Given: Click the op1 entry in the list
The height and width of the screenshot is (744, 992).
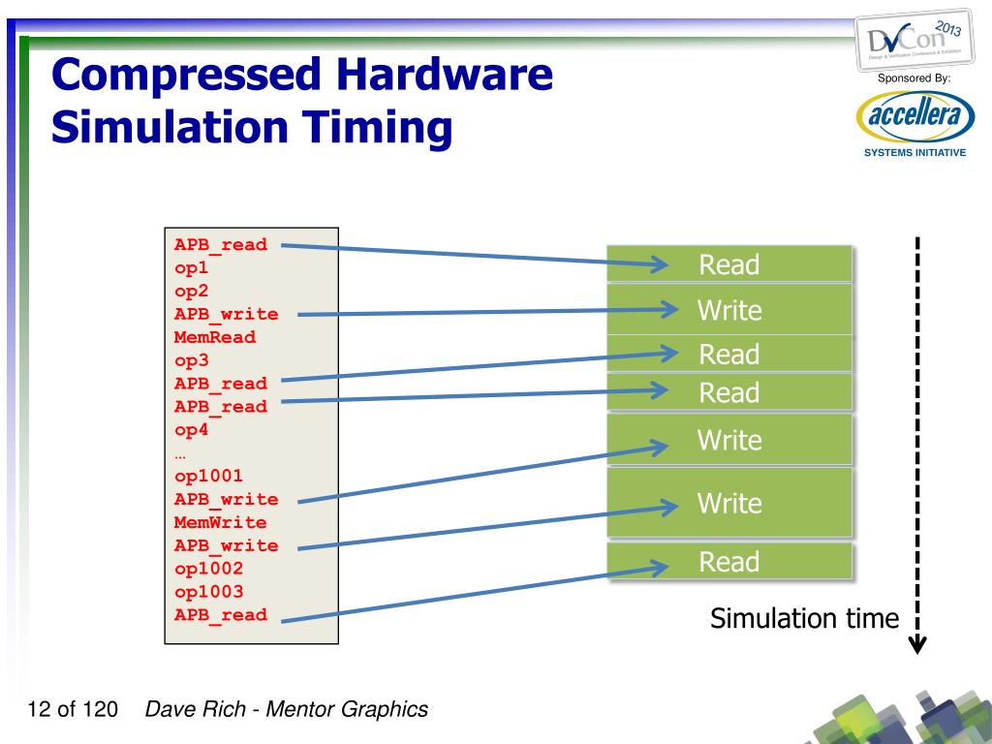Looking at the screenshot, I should (191, 268).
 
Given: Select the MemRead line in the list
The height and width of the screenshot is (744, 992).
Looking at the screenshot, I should (215, 337).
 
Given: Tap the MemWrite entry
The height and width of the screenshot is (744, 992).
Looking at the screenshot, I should (220, 523).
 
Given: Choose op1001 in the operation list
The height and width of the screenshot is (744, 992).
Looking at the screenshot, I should (208, 477).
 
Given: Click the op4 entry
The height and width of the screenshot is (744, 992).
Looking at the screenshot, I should (191, 429).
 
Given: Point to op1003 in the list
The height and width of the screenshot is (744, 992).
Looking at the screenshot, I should (208, 592).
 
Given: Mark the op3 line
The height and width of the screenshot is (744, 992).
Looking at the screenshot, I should (191, 360).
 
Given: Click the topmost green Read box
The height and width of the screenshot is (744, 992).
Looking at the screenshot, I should (729, 264).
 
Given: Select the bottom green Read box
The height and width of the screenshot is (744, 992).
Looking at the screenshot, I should (729, 562).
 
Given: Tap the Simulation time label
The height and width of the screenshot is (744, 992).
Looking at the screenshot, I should (804, 618).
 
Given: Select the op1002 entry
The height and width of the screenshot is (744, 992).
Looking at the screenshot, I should (208, 569).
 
